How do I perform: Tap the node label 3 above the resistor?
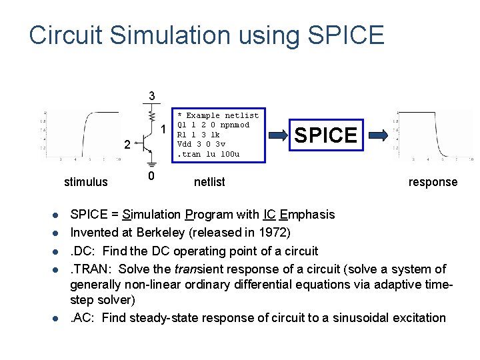[152, 96]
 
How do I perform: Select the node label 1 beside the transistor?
[163, 129]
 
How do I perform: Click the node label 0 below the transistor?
[151, 176]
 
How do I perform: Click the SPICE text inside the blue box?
[325, 135]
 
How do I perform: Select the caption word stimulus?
[85, 182]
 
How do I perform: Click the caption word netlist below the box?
[209, 182]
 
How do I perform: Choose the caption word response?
[433, 182]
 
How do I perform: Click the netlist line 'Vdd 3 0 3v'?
[201, 144]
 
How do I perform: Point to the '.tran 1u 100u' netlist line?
[208, 154]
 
